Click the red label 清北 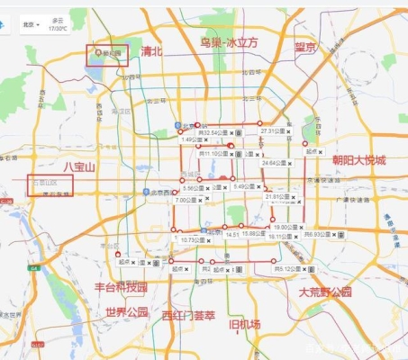tap(152, 52)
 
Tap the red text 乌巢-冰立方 tap(229, 42)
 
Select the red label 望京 tap(305, 48)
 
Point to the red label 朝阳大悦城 tap(358, 160)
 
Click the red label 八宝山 tap(78, 167)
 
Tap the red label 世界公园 tap(126, 312)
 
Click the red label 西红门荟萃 tap(188, 315)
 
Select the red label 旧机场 tap(245, 324)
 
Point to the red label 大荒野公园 tap(325, 292)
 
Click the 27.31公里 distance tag tap(271, 131)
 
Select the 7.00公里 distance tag tap(186, 200)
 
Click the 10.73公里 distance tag tap(194, 240)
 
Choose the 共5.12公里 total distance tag tap(286, 268)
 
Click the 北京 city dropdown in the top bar tap(31, 24)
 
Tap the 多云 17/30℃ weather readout tap(58, 24)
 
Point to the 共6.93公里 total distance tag tap(318, 234)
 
